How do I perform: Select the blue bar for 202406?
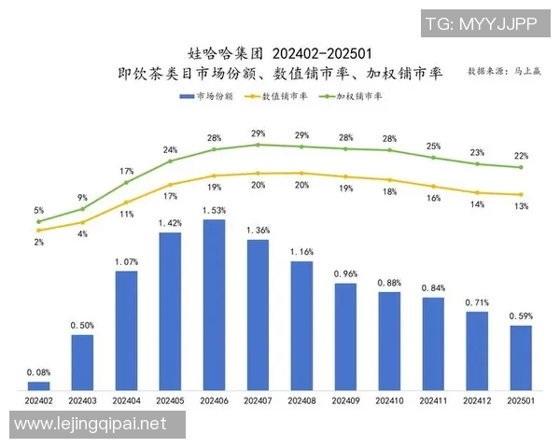(x=214, y=304)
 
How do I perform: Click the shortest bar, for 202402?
(x=38, y=385)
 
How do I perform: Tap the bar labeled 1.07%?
(x=126, y=329)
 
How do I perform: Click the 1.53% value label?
(x=214, y=211)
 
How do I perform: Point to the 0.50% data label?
(x=82, y=325)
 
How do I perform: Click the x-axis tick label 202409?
(x=345, y=399)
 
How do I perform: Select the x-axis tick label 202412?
(x=477, y=399)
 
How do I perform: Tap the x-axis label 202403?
(x=82, y=399)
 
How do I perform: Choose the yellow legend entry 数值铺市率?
(x=276, y=95)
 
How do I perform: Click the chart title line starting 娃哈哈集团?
(x=281, y=52)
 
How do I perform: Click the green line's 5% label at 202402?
(x=38, y=210)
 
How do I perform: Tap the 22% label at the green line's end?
(x=521, y=156)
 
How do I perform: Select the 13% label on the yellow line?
(x=521, y=205)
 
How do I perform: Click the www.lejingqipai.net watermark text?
(x=91, y=424)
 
